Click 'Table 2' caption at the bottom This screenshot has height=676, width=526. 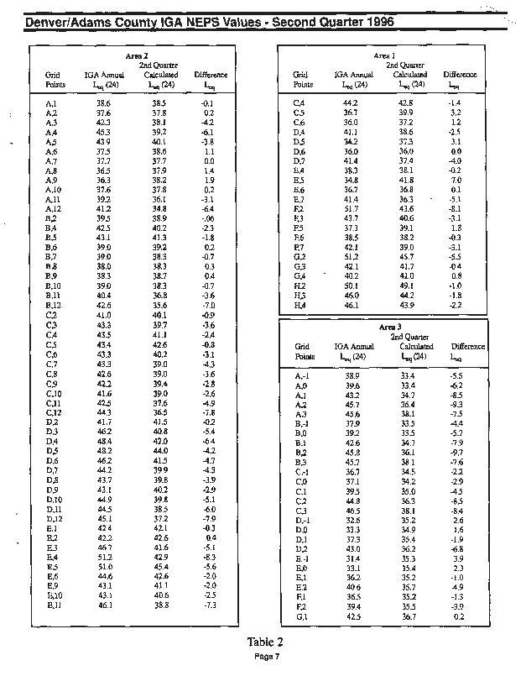tap(264, 642)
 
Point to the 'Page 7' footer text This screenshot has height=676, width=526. tap(264, 656)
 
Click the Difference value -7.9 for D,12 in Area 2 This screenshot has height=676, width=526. tap(209, 518)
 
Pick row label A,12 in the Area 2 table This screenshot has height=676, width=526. tap(52, 207)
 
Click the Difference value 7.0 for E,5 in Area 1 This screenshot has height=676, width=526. tap(456, 180)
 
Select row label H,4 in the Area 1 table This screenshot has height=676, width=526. tap(299, 304)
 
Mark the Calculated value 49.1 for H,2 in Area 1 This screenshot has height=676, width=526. tap(407, 285)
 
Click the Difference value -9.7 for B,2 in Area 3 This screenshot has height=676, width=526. tap(457, 453)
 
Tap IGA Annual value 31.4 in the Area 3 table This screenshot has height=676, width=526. tap(352, 558)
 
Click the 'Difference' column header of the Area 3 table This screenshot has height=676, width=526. tap(467, 346)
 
